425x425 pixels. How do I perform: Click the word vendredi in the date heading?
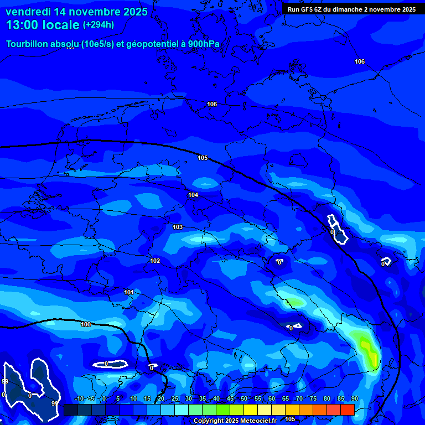point(28,12)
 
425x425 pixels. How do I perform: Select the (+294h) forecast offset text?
point(99,25)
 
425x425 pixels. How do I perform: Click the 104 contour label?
point(193,195)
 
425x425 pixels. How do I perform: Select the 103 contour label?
point(178,227)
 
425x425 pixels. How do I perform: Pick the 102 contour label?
point(155,261)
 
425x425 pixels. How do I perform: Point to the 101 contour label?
point(129,292)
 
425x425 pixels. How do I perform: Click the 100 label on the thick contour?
point(86,324)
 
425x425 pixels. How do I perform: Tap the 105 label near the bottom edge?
point(290,419)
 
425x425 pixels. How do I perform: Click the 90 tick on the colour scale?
point(354,399)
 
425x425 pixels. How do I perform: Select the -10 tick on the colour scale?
point(79,399)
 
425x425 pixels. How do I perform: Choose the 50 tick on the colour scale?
point(244,399)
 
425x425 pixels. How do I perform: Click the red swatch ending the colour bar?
point(347,410)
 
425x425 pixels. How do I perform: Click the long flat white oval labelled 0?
point(110,364)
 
